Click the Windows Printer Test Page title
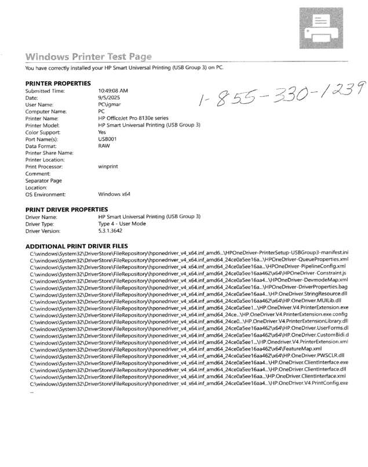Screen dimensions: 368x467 (89, 57)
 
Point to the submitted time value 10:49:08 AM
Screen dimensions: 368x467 (113, 91)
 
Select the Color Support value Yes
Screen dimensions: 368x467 (103, 132)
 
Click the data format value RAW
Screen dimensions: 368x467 (104, 146)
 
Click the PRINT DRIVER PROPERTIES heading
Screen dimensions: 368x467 (67, 209)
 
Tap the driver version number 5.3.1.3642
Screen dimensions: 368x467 (114, 231)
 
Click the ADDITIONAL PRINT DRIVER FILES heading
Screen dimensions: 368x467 (76, 246)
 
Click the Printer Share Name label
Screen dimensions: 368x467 (49, 153)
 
